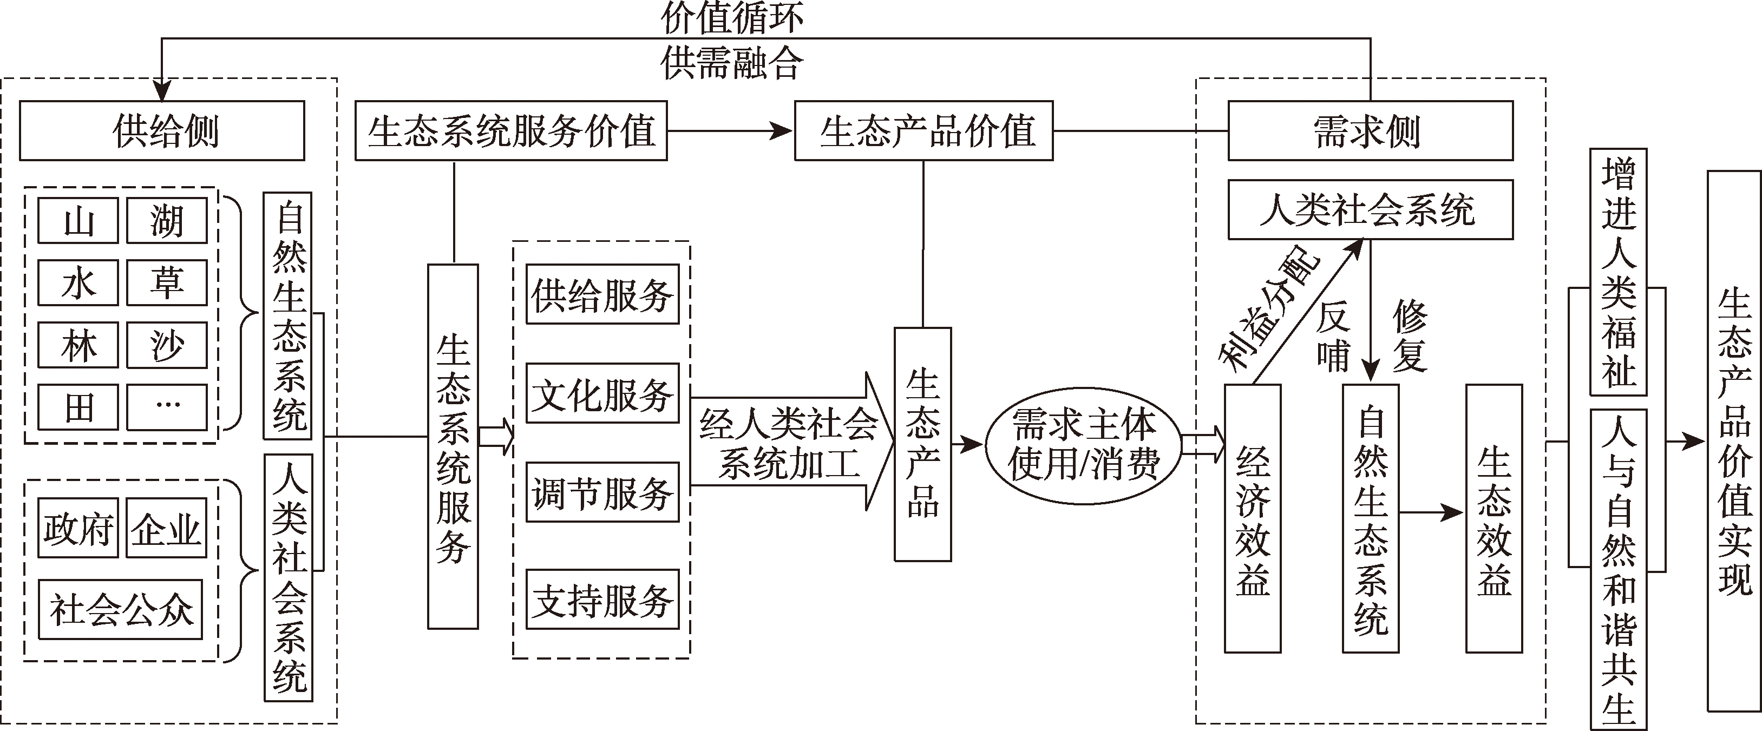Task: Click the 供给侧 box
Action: coord(162,130)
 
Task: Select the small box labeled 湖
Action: coord(167,220)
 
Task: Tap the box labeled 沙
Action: coord(167,345)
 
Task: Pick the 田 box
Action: coord(78,407)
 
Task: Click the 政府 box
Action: coord(78,528)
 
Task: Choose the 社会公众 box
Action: coord(120,609)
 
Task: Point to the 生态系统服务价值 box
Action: coord(511,130)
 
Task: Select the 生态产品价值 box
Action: coord(923,130)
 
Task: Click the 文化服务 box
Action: coord(602,394)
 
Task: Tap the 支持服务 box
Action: coord(602,600)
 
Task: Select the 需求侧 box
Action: coord(1370,130)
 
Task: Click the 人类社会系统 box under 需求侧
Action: coord(1370,209)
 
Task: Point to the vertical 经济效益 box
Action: coord(1253,518)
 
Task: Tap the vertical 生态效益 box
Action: coord(1494,518)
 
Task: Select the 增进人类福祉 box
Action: coord(1619,272)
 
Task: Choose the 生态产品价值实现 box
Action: coord(1734,441)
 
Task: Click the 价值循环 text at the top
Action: coord(732,17)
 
